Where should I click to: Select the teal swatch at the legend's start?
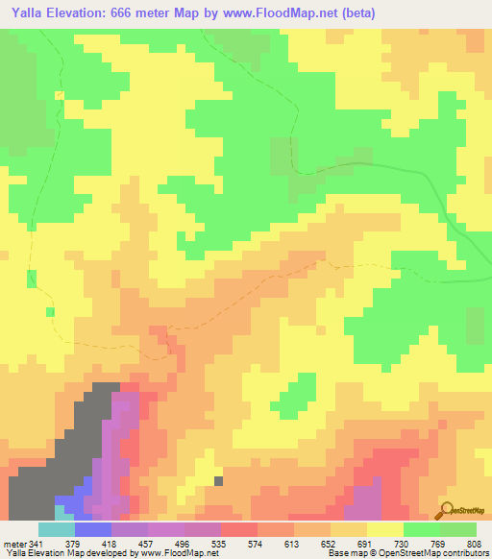point(56,529)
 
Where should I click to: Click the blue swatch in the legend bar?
point(93,529)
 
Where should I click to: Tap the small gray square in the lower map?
point(219,481)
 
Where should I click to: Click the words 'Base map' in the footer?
point(344,553)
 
